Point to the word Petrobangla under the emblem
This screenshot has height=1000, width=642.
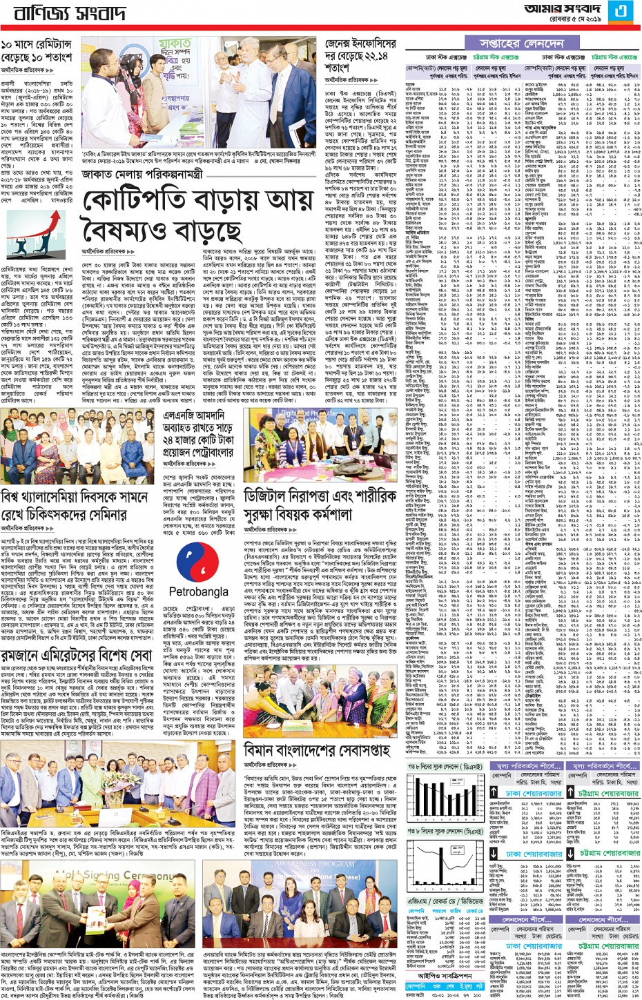tap(198, 591)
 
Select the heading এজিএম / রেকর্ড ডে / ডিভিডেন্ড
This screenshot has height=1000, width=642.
tap(445, 901)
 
